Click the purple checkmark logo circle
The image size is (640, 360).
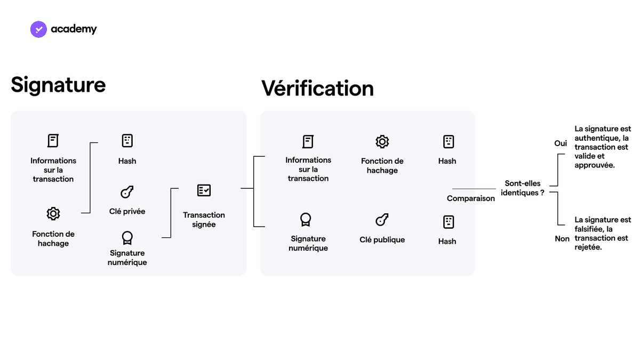click(38, 29)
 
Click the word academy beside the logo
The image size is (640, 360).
click(74, 29)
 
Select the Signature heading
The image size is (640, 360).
click(58, 85)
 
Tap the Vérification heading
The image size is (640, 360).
click(317, 88)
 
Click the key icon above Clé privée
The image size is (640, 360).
click(127, 191)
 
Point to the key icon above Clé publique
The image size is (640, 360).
click(382, 220)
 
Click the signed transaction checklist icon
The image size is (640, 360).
click(204, 190)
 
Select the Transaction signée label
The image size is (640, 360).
click(204, 219)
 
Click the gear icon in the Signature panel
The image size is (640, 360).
click(53, 214)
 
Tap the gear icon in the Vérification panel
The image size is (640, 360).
click(382, 142)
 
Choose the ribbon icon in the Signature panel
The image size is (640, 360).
click(127, 238)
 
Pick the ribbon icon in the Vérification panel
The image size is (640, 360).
click(306, 220)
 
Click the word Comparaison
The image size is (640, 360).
click(470, 198)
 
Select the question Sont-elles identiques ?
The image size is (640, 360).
click(523, 188)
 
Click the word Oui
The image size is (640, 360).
click(561, 143)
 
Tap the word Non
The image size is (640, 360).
click(562, 238)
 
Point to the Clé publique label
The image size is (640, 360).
click(382, 239)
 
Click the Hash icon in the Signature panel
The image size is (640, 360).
click(127, 141)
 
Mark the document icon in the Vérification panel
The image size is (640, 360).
click(308, 142)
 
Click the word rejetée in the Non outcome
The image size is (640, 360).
click(588, 247)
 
